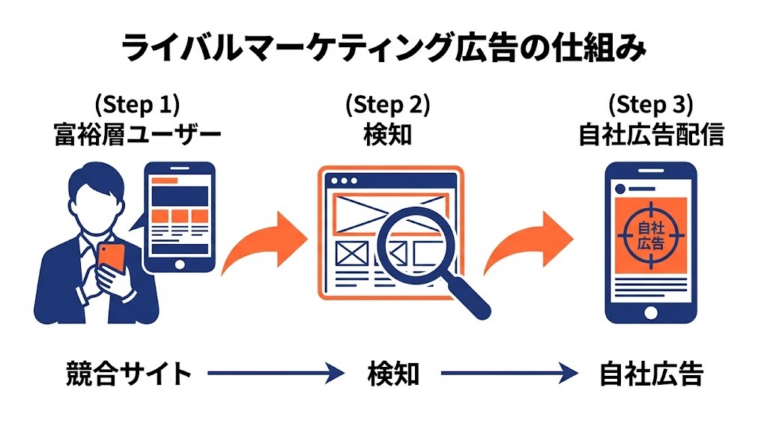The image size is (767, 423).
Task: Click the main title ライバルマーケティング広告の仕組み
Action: click(383, 49)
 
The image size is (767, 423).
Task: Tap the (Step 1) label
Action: click(137, 105)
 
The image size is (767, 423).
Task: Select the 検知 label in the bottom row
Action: click(393, 374)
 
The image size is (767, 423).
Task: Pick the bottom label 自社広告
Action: click(651, 374)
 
